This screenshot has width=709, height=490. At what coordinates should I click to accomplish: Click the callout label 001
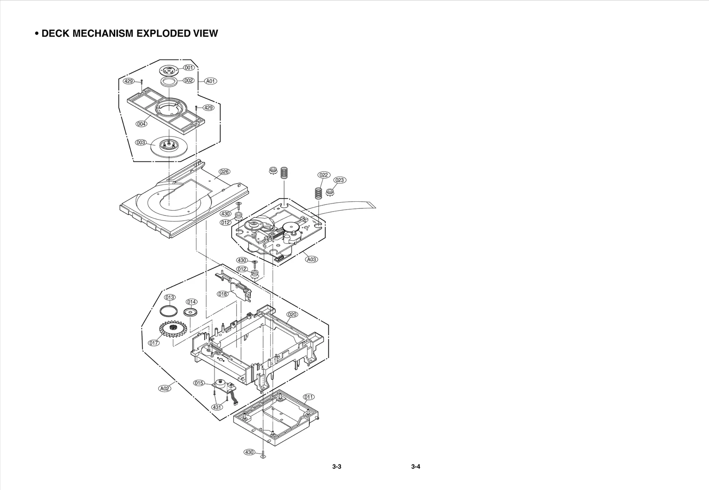[x=189, y=68]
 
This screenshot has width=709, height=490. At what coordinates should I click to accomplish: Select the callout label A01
[x=210, y=81]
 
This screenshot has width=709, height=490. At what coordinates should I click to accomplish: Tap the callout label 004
[x=141, y=124]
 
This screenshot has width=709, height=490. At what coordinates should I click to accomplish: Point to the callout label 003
[x=141, y=143]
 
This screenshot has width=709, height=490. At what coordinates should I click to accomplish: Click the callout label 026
[x=224, y=172]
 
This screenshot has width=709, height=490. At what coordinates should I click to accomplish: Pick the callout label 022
[x=324, y=175]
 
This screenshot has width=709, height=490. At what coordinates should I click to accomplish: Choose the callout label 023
[x=340, y=180]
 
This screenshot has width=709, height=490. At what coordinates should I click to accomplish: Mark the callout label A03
[x=312, y=259]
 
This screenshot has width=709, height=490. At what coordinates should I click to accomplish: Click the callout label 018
[x=222, y=294]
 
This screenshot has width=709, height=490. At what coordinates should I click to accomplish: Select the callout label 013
[x=170, y=297]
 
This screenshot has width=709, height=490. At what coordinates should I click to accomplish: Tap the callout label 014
[x=191, y=302]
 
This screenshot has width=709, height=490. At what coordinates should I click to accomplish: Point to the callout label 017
[x=154, y=343]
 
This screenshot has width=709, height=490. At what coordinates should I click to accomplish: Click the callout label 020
[x=292, y=314]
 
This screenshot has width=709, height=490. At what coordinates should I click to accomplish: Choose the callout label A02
[x=164, y=388]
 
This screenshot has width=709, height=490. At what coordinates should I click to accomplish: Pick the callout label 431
[x=217, y=407]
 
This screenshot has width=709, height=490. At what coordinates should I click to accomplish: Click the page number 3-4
[x=415, y=466]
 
